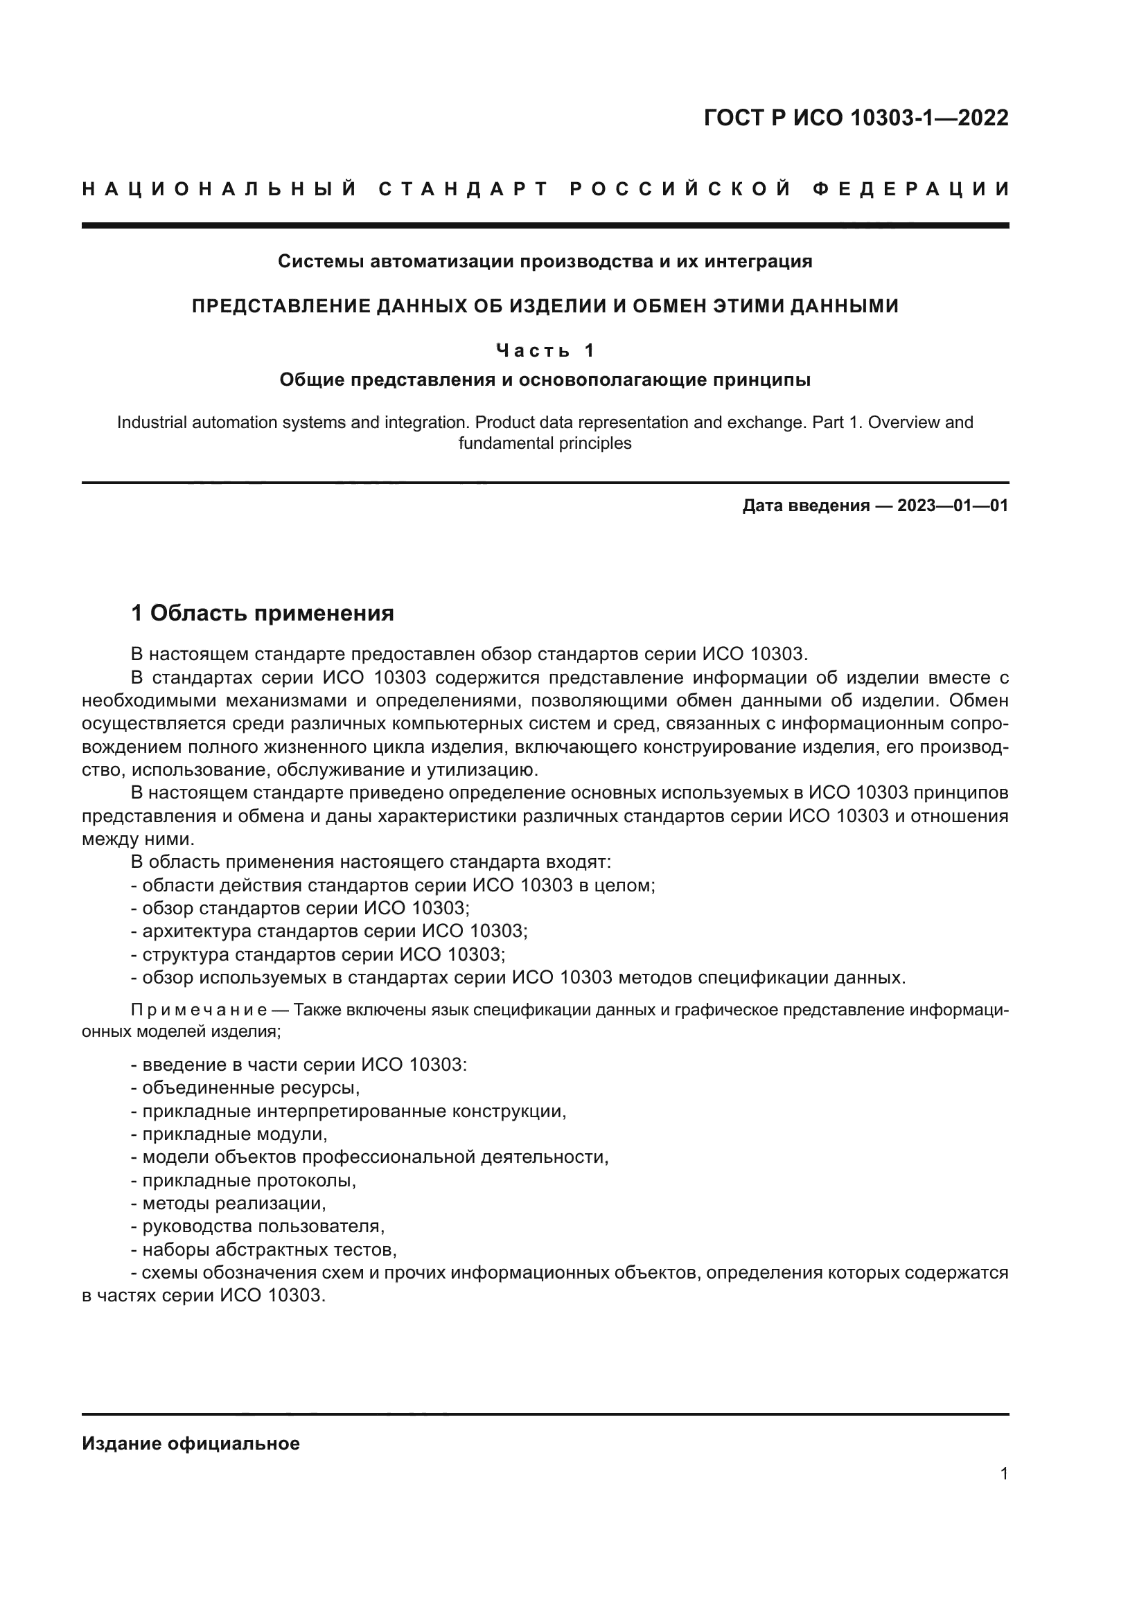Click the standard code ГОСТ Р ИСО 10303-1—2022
coord(855,118)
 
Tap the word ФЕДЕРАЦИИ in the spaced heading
coord(910,189)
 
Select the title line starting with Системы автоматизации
coord(545,262)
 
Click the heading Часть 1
coord(545,350)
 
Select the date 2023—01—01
coord(952,506)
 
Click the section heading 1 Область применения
coord(263,613)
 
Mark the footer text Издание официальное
coord(191,1443)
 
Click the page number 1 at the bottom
coord(1003,1474)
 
